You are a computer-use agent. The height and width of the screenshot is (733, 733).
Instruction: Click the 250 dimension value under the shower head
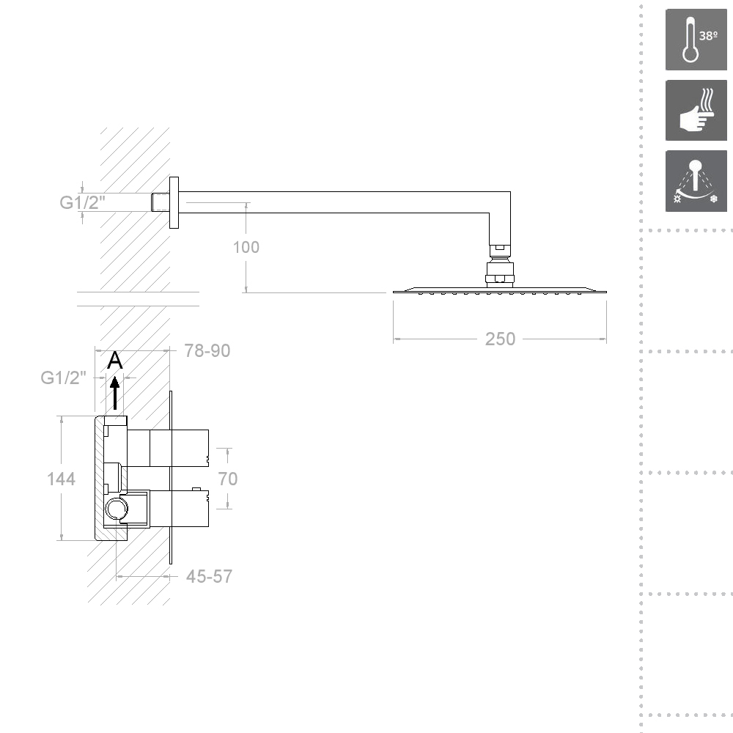[x=500, y=339]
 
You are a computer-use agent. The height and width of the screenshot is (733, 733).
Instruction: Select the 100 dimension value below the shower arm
[x=246, y=247]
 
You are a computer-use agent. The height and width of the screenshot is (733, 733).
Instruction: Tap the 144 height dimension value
[x=61, y=479]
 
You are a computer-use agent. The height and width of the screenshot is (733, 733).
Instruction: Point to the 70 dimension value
[x=228, y=479]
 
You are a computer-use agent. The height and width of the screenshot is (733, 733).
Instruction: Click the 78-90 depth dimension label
[x=207, y=350]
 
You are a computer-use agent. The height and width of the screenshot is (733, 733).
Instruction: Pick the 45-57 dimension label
[x=209, y=576]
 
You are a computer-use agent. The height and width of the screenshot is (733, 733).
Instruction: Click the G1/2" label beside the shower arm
[x=82, y=202]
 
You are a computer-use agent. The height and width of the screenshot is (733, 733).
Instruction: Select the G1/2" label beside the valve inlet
[x=64, y=377]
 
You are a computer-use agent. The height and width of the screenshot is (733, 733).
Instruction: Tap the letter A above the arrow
[x=114, y=361]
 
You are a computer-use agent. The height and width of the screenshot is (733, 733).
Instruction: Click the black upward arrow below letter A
[x=115, y=393]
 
